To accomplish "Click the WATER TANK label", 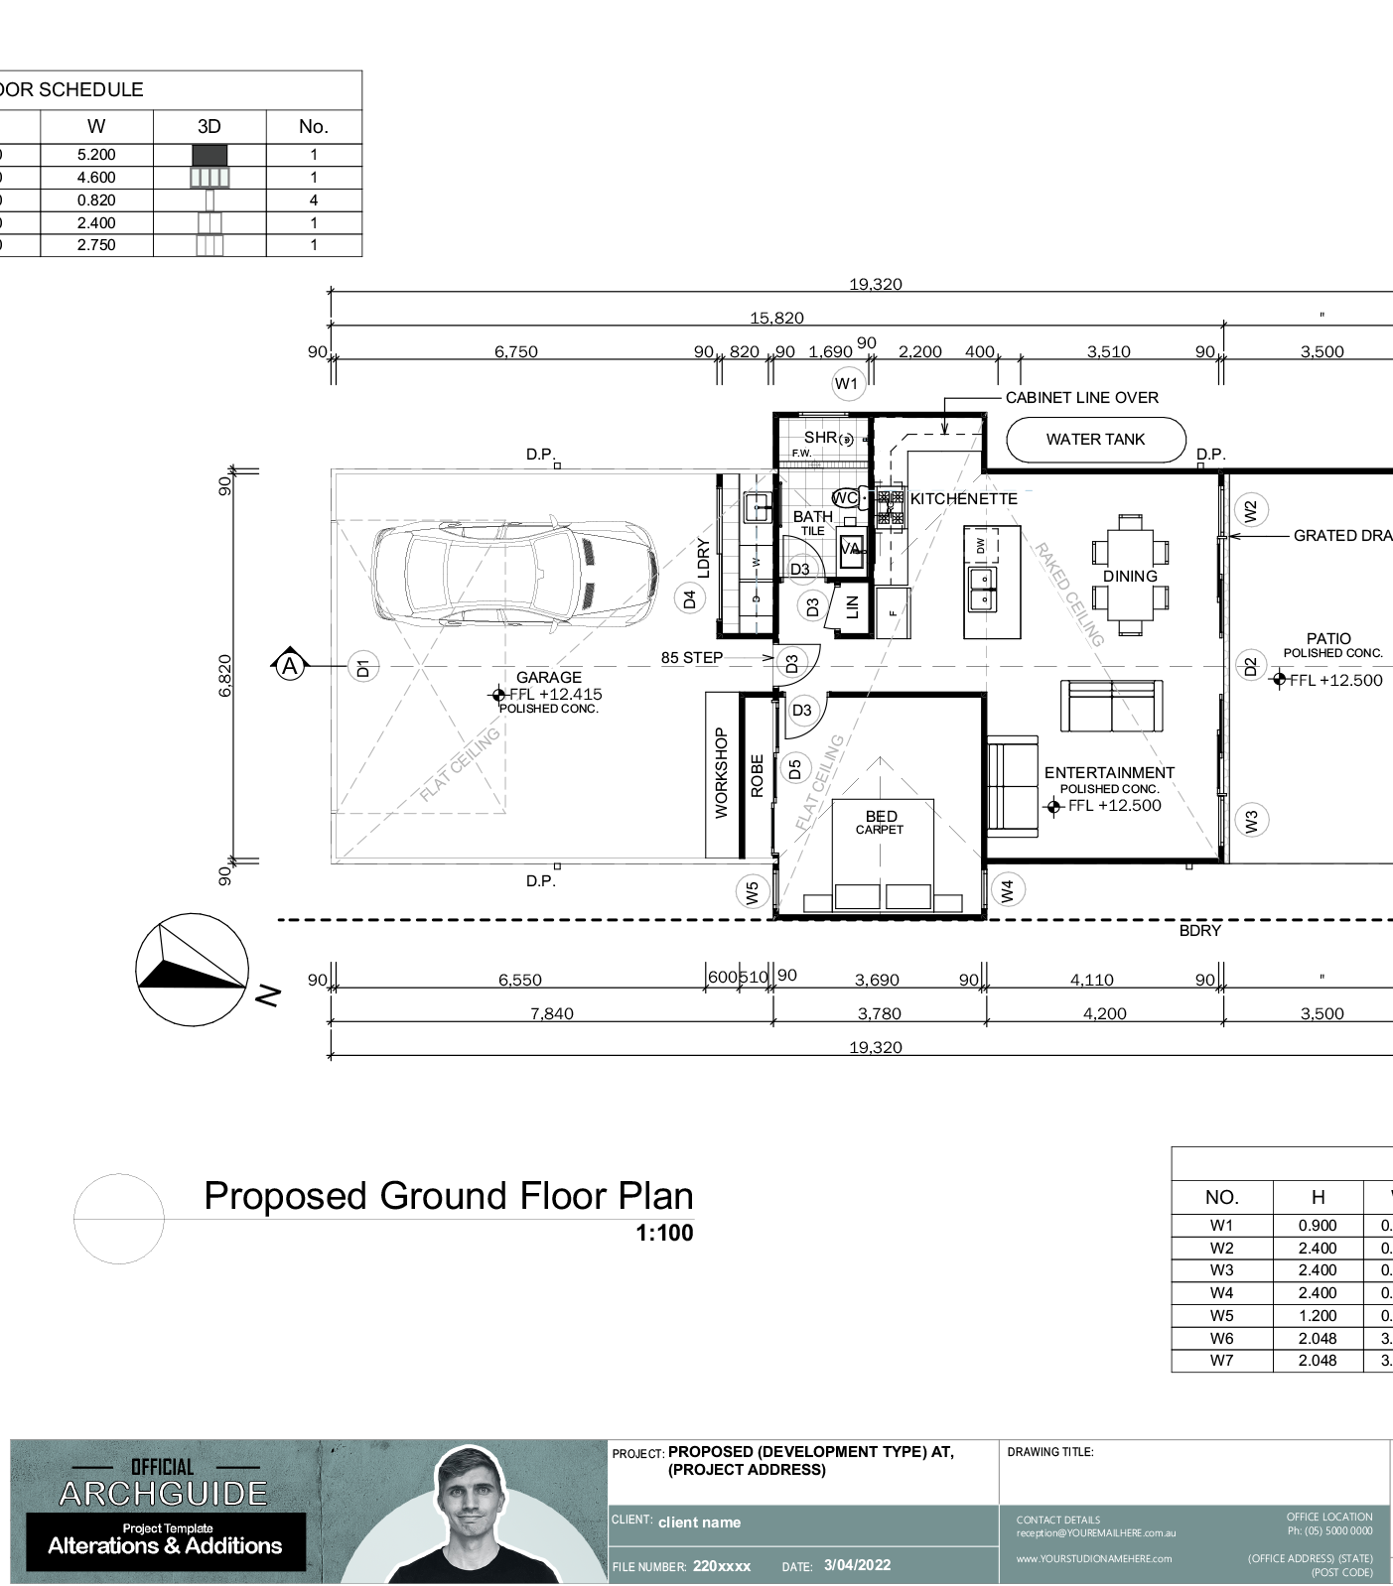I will coord(1095,440).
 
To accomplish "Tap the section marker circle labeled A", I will coord(289,666).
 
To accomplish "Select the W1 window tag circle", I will coord(846,384).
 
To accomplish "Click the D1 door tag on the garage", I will coord(363,668).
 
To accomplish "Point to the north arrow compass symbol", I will coord(192,970).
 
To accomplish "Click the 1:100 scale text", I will coord(664,1234).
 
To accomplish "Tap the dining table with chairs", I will coord(1130,575).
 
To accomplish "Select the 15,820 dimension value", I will coord(776,319).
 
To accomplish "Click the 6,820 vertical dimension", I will coord(225,675).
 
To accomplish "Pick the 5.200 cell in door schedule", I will coord(96,155).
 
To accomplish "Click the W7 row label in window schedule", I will coord(1221,1361).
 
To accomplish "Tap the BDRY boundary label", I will coord(1199,931).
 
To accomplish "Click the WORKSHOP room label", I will coord(722,774).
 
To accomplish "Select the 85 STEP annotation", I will coord(692,658).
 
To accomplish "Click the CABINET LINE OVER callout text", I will coord(1081,398).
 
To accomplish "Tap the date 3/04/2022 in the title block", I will coord(857,1565).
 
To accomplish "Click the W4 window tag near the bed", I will coord(1008,890).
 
